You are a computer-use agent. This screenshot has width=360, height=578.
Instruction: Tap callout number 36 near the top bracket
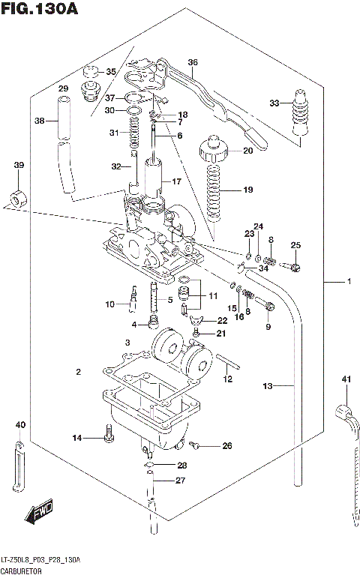point(193,62)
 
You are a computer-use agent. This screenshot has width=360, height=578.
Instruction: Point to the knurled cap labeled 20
point(213,150)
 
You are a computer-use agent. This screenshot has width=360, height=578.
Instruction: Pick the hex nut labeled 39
point(16,199)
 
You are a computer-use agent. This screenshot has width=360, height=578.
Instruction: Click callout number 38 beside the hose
point(40,121)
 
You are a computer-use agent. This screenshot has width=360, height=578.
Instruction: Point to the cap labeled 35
point(92,73)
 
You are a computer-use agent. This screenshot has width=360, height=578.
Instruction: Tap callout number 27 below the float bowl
point(180,481)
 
